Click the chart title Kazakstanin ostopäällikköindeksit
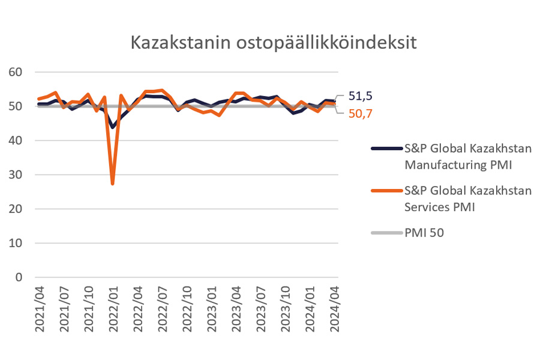coord(274,43)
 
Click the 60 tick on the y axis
coord(15,72)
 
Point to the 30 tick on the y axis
coord(15,175)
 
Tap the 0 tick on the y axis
coord(18,277)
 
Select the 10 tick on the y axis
coord(15,243)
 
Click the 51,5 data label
coord(361,96)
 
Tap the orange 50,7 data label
coord(361,112)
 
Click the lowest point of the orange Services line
coord(112,183)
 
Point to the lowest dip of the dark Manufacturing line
coord(112,127)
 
